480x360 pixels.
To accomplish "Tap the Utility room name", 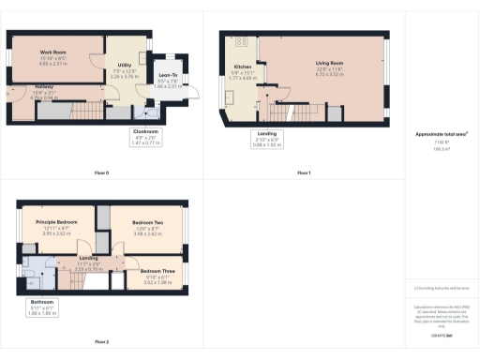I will [x=123, y=65].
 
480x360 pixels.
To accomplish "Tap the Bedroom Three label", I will [x=157, y=270].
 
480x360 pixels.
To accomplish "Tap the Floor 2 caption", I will [x=101, y=341].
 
